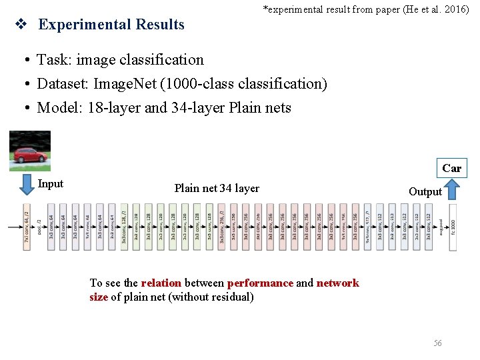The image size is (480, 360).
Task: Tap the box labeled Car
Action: click(451, 168)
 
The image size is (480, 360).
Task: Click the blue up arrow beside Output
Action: click(453, 190)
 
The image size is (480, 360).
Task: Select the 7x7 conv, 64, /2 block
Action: click(27, 227)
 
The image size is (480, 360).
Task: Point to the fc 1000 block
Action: click(453, 227)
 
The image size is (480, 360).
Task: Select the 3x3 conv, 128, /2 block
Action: click(124, 227)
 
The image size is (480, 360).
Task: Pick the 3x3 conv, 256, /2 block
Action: click(221, 227)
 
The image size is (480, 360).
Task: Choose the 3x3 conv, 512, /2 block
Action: click(367, 227)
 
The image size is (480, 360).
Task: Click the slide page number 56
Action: click(437, 343)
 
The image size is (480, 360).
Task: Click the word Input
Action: click(51, 184)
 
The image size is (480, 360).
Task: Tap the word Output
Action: click(425, 192)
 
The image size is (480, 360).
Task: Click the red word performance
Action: click(260, 283)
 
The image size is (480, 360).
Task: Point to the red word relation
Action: click(161, 283)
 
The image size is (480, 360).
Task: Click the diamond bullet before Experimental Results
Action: click(21, 25)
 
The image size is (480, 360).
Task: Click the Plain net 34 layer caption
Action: click(217, 189)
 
